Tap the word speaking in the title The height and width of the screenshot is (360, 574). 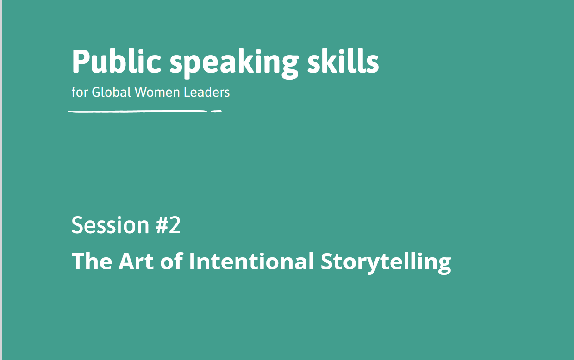pyautogui.click(x=234, y=63)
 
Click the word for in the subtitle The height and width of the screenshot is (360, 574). pyautogui.click(x=79, y=92)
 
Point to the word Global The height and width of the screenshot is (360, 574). pyautogui.click(x=111, y=92)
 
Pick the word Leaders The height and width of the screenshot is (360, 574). pyautogui.click(x=206, y=92)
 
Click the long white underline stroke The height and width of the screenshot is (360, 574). pyautogui.click(x=137, y=111)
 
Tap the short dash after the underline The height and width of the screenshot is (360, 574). pyautogui.click(x=216, y=111)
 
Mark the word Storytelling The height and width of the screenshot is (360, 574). pyautogui.click(x=386, y=262)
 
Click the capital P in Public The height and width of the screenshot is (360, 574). pyautogui.click(x=81, y=61)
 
